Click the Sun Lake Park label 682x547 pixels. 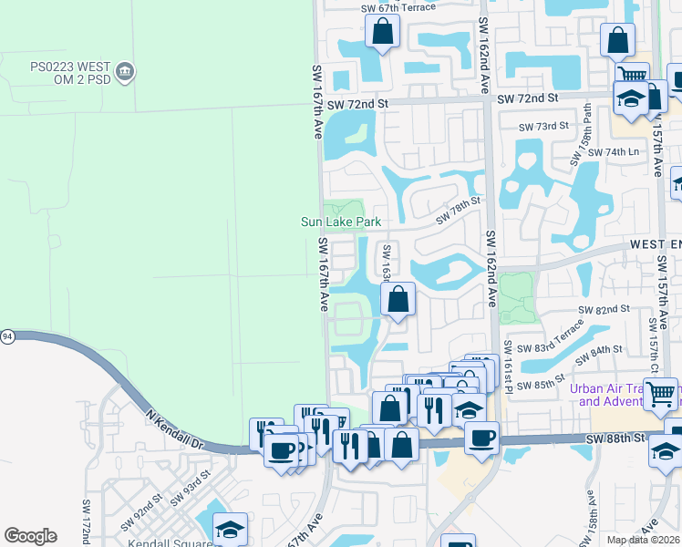[340, 222]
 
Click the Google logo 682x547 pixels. [30, 536]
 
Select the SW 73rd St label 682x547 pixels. [543, 126]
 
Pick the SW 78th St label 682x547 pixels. [457, 215]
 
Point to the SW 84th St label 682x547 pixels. [599, 350]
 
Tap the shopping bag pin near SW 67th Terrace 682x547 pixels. [383, 32]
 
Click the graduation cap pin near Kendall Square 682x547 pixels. [230, 529]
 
